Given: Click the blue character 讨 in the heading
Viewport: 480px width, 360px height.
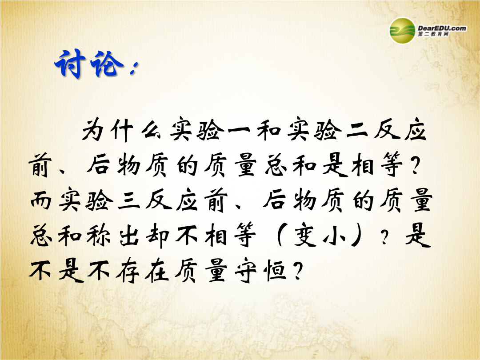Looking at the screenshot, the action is point(70,64).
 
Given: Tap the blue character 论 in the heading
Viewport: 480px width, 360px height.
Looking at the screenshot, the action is point(107,64).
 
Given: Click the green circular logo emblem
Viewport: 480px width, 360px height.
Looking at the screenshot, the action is point(402,31).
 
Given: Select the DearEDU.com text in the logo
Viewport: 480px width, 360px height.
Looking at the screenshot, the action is point(442,28).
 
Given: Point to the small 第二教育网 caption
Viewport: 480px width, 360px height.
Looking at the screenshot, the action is point(433,34).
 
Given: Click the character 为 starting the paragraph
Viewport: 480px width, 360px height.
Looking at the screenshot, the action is point(93,130).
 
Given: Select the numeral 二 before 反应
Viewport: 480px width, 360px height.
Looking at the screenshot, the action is point(356,131).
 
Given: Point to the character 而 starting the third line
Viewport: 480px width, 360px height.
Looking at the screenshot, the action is point(41,200).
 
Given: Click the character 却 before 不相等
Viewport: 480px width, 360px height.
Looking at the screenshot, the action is point(157,236).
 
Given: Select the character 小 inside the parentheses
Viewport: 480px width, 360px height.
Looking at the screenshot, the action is point(335,237).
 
